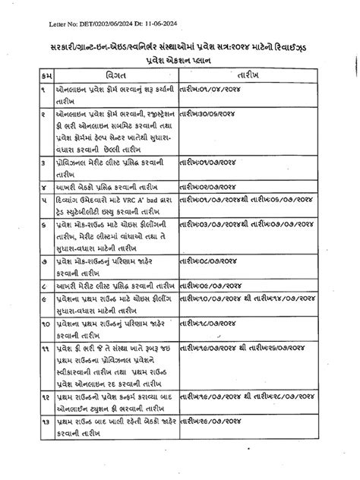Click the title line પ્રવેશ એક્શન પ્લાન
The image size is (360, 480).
pyautogui.click(x=180, y=59)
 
